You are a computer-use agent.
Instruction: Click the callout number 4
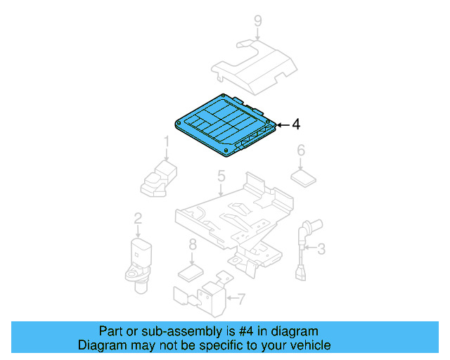click(296, 124)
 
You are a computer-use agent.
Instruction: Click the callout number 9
click(258, 22)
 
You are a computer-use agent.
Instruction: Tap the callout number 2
click(138, 219)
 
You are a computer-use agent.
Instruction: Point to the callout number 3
click(321, 248)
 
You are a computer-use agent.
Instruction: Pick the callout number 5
click(221, 176)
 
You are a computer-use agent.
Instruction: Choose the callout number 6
click(300, 150)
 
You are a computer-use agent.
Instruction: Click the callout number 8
click(192, 245)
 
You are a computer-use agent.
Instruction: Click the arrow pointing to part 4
click(281, 124)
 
